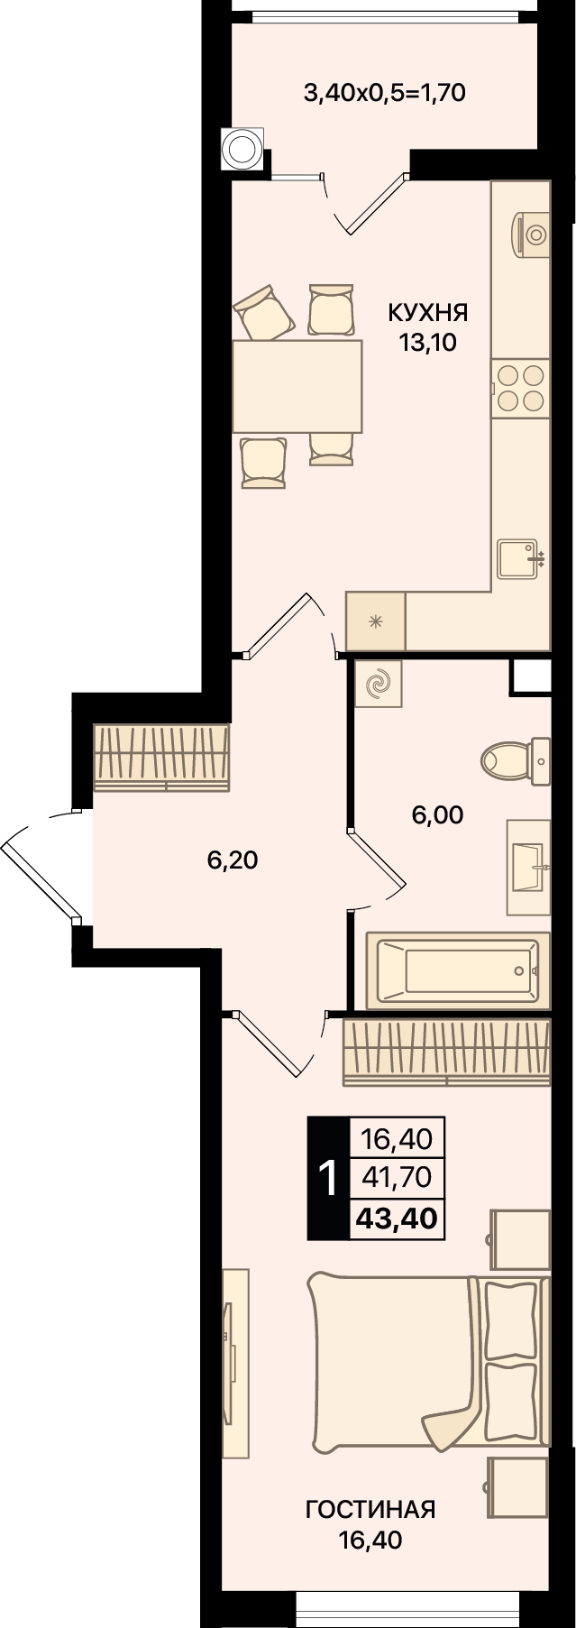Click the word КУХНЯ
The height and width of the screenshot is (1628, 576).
coord(428,313)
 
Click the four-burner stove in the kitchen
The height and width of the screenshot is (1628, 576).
coord(520,387)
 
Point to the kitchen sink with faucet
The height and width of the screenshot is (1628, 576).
coord(522,559)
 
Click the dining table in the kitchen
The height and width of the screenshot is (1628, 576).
coord(297,386)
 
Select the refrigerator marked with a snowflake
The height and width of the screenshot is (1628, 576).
coord(376,621)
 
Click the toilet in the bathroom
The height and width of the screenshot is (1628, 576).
coord(515,759)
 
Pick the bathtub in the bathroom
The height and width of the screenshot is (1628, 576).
coord(458,970)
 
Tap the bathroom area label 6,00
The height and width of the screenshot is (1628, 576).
coord(437,815)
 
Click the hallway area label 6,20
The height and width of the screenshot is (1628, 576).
coord(233,860)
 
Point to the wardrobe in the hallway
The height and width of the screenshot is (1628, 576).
coord(161,757)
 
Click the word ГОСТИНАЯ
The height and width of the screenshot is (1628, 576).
coord(370,1509)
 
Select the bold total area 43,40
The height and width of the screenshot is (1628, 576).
coord(397,1219)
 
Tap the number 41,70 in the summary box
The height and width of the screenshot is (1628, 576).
coord(397,1177)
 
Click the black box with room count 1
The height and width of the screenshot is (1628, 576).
coord(328,1178)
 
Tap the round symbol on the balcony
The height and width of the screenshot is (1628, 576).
coord(242,148)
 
